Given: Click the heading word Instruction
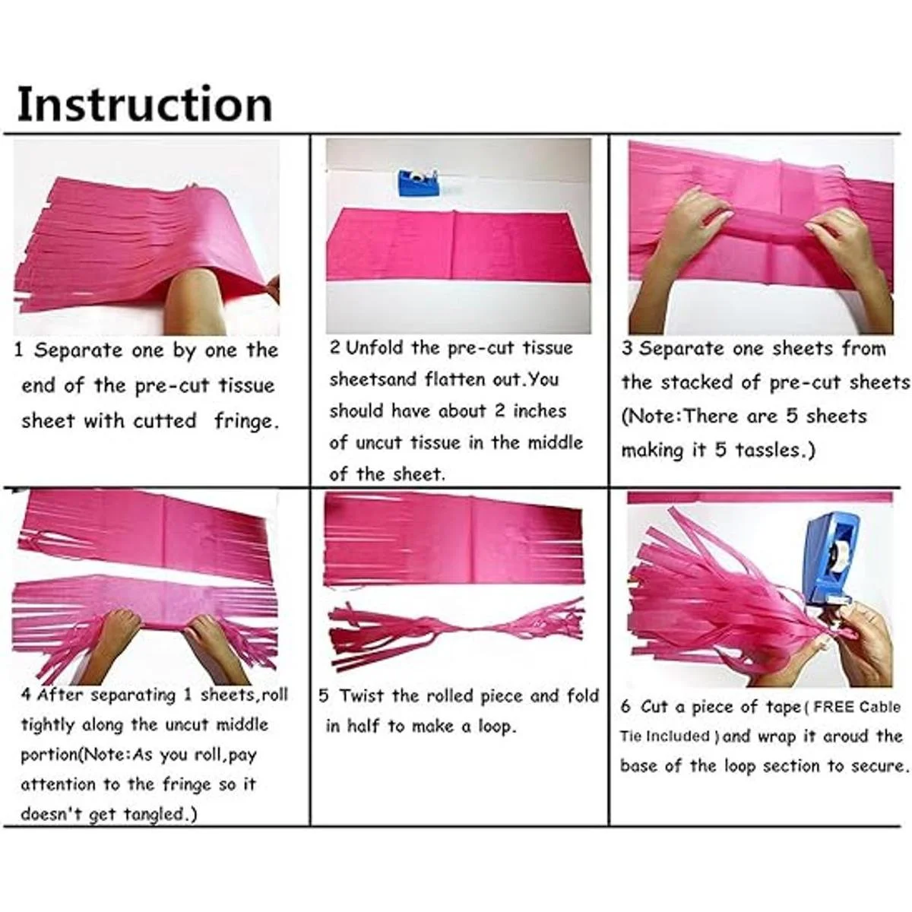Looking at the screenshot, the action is (x=145, y=103).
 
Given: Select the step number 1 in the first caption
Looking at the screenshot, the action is (x=19, y=350).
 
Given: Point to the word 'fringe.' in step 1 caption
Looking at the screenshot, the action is (x=245, y=420).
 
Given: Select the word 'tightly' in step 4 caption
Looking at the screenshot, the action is (x=48, y=725).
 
